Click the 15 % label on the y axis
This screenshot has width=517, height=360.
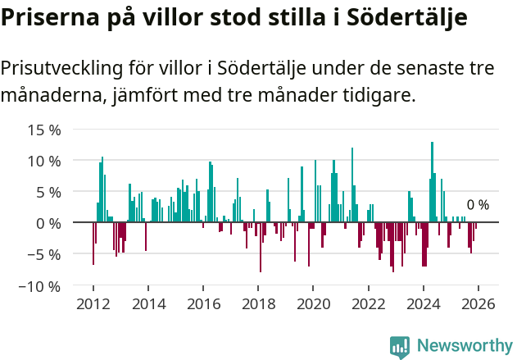pos(44,130)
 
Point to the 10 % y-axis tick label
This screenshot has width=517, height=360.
pos(44,161)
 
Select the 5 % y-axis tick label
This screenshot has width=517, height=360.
pos(48,192)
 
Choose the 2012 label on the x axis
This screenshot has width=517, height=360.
pos(93,304)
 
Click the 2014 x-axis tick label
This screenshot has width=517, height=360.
pos(148,304)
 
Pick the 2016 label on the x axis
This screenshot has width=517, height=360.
pos(203,304)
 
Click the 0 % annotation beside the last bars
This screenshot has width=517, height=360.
pos(478,205)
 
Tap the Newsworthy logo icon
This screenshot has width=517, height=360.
pos(400,347)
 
